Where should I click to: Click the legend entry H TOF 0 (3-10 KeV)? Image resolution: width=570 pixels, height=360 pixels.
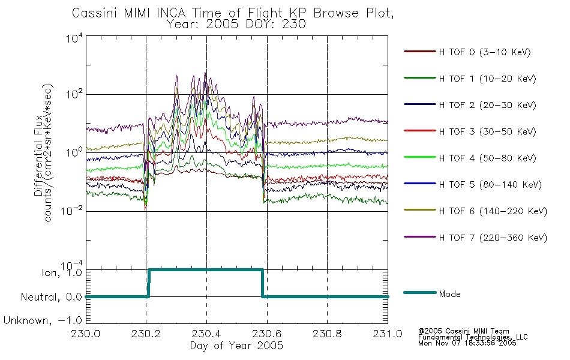pyautogui.click(x=485, y=52)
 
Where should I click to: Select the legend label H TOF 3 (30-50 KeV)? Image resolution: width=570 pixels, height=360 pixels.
pyautogui.click(x=487, y=131)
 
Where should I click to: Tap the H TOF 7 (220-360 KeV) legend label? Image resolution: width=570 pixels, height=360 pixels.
pyautogui.click(x=493, y=238)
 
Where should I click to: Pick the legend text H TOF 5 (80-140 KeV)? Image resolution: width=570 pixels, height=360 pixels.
pyautogui.click(x=490, y=185)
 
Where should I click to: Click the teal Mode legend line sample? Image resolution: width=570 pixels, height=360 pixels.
pyautogui.click(x=420, y=292)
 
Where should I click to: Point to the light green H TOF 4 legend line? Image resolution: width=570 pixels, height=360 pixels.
pyautogui.click(x=420, y=157)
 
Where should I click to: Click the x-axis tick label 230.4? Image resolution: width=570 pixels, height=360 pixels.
pyautogui.click(x=206, y=334)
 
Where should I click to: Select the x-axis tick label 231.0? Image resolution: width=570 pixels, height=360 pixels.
pyautogui.click(x=388, y=334)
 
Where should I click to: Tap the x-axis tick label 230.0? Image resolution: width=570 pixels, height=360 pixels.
pyautogui.click(x=86, y=334)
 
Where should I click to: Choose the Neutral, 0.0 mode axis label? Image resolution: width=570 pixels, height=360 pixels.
pyautogui.click(x=51, y=297)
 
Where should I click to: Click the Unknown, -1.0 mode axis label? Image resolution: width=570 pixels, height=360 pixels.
pyautogui.click(x=43, y=320)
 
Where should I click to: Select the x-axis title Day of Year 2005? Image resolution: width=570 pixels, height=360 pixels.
pyautogui.click(x=236, y=346)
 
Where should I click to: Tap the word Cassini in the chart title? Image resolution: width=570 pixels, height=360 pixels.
pyautogui.click(x=95, y=13)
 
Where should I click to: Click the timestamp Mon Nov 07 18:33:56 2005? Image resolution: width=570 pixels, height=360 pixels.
pyautogui.click(x=467, y=343)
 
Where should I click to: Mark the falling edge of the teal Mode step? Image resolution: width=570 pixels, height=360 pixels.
pyautogui.click(x=262, y=283)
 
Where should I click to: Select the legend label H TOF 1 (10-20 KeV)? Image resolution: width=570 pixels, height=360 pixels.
pyautogui.click(x=487, y=79)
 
